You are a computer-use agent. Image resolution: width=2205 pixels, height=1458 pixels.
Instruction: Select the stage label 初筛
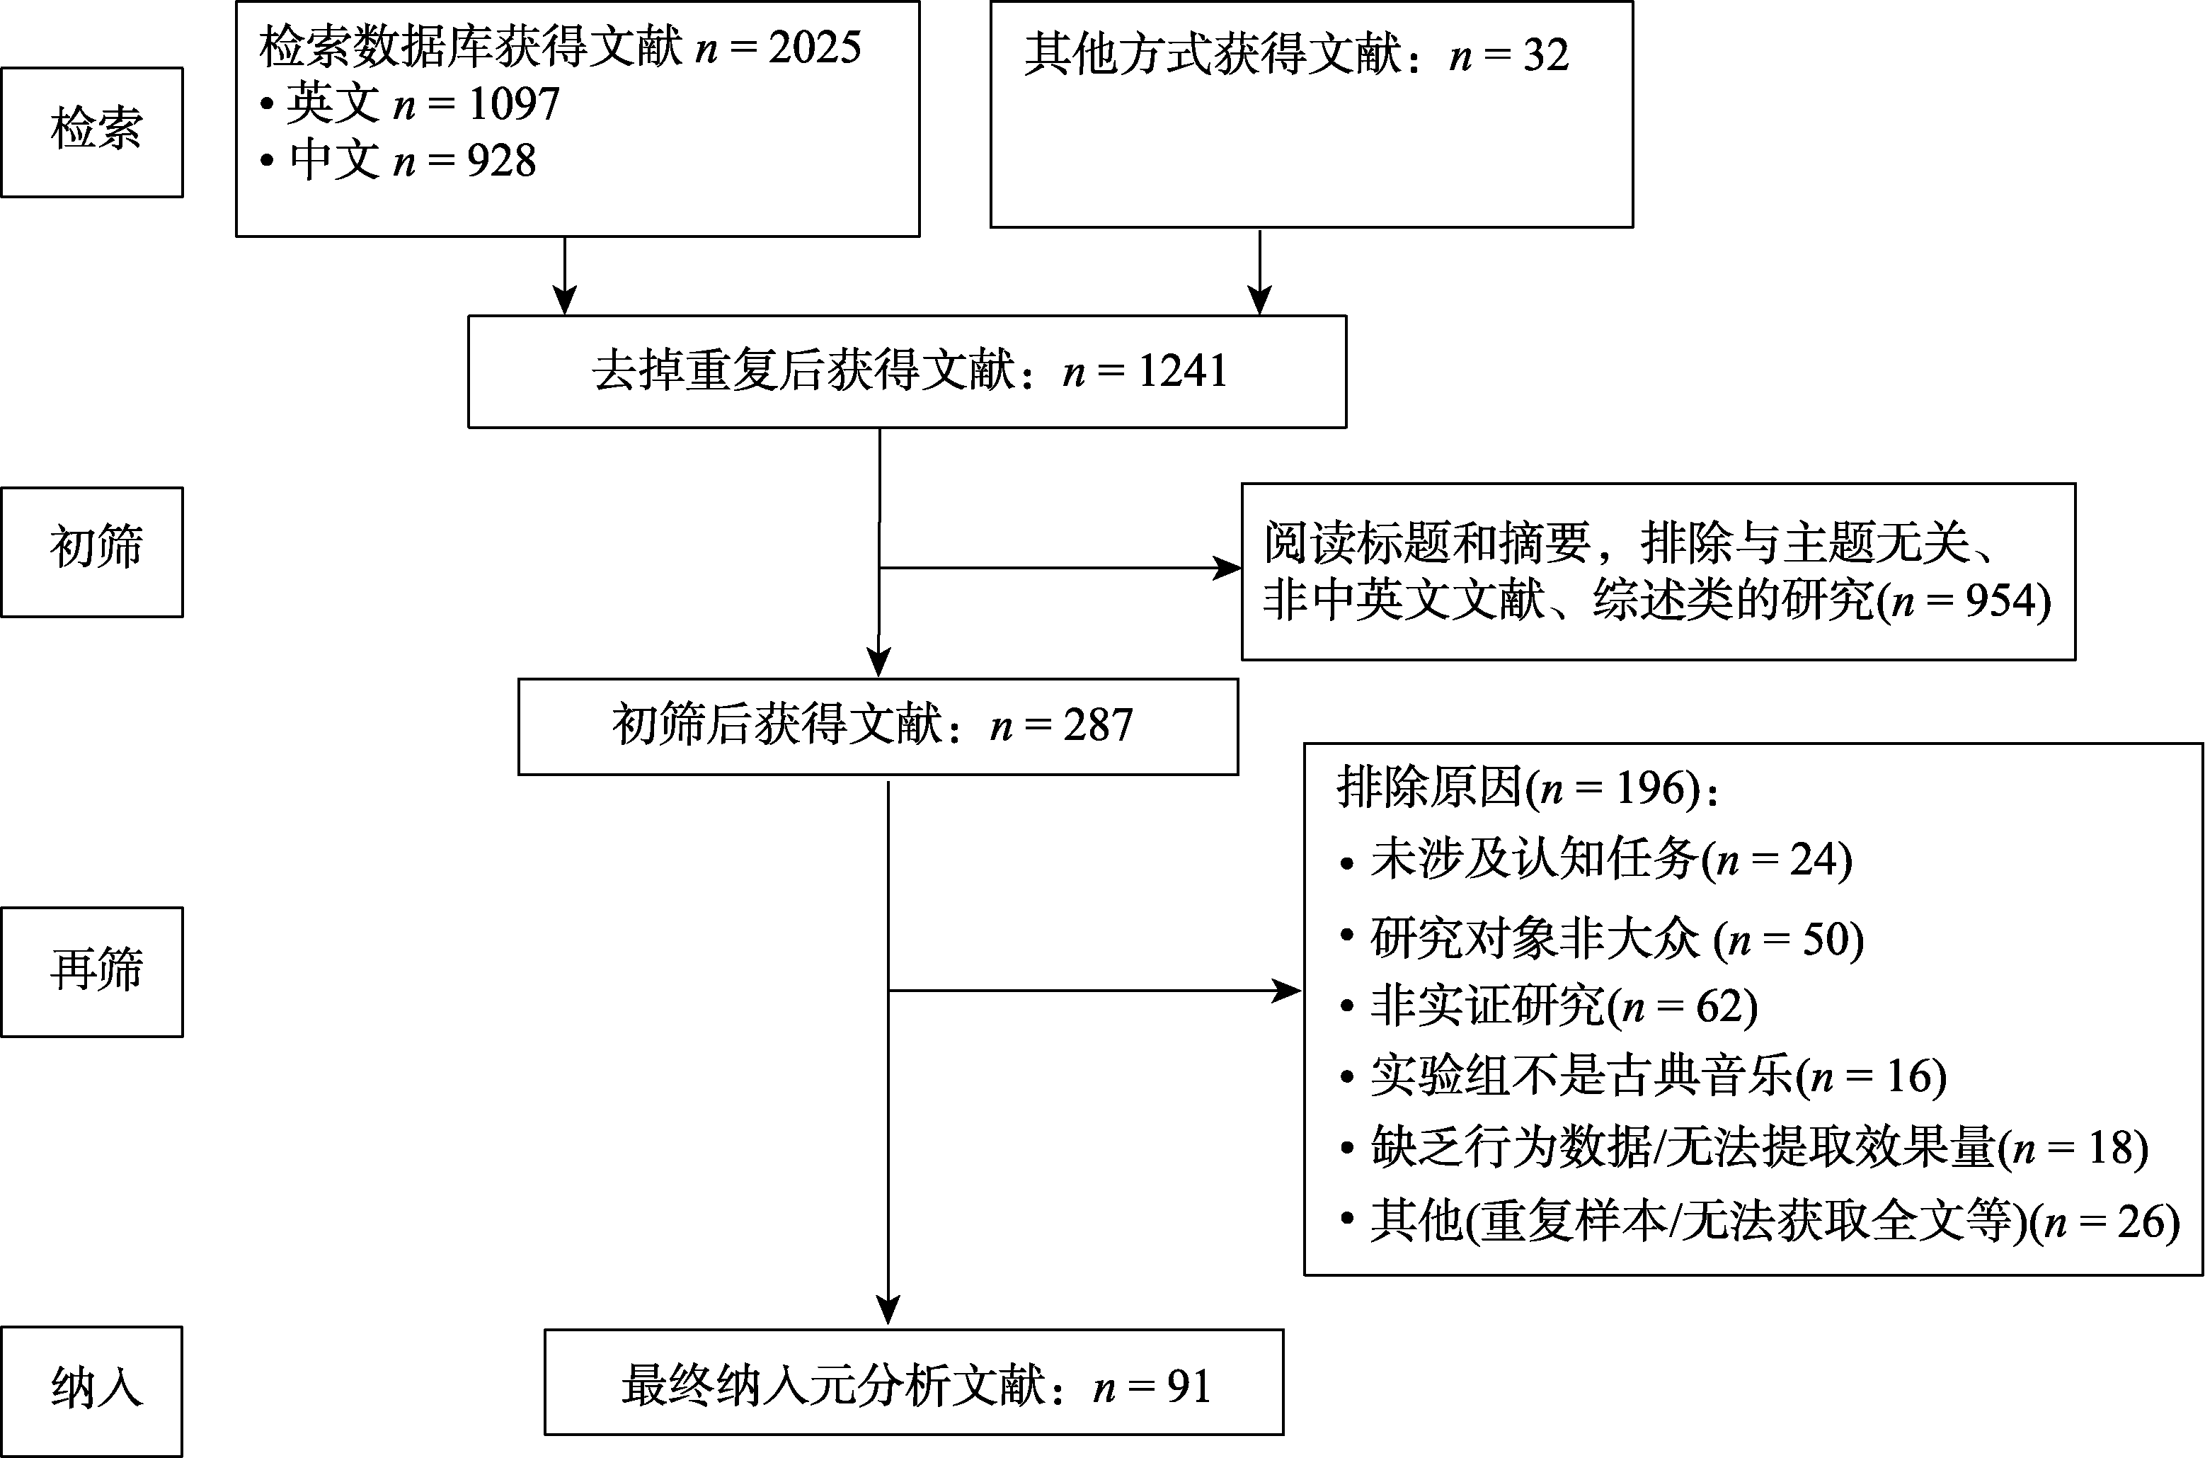coord(96,547)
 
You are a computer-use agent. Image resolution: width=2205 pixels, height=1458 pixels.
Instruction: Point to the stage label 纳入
coord(96,1389)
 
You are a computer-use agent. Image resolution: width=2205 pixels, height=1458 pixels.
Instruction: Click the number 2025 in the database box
coord(814,47)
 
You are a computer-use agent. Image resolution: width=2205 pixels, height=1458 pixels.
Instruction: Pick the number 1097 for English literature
coord(514,103)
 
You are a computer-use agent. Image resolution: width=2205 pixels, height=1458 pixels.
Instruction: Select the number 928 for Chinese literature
coord(502,161)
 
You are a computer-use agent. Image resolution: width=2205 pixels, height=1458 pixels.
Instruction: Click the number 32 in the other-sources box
coord(1546,54)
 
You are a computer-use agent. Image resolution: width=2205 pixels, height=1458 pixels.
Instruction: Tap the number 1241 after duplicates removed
coord(1181,371)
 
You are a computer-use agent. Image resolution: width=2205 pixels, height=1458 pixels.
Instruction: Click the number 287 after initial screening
coord(1098,724)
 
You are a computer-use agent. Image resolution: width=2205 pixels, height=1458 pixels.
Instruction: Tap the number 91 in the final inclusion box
coord(1189,1386)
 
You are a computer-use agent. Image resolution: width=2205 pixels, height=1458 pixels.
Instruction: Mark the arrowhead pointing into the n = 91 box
coord(888,1310)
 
